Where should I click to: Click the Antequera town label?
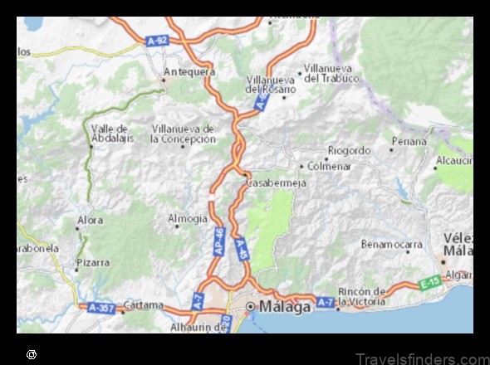pos(189,71)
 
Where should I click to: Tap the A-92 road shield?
pos(156,39)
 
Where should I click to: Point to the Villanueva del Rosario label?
pos(271,84)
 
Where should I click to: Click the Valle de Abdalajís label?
pos(110,134)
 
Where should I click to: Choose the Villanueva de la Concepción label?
pos(183,134)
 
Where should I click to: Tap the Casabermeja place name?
pos(272,182)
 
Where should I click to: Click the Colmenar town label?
pos(330,166)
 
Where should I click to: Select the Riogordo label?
pos(349,150)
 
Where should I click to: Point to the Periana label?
pos(409,141)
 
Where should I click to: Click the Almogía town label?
pos(188,218)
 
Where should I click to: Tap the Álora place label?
pos(90,220)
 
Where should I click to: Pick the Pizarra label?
pos(92,262)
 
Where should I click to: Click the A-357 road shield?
pos(100,307)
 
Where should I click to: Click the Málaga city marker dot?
pos(251,307)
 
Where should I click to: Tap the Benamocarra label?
pos(391,244)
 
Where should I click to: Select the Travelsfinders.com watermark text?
pos(422,358)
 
